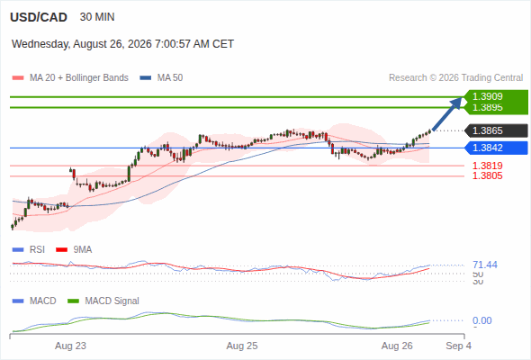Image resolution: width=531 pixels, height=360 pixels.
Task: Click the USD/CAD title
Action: [39, 17]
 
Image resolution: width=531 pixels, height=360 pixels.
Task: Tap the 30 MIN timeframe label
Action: [97, 17]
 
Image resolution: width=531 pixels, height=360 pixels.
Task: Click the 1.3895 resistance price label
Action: [487, 108]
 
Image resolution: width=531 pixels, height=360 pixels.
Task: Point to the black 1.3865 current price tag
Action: [496, 130]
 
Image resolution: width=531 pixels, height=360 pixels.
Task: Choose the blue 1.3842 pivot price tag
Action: [496, 148]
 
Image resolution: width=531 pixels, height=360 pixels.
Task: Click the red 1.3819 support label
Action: [487, 166]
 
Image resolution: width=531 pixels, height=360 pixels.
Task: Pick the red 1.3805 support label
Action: [487, 175]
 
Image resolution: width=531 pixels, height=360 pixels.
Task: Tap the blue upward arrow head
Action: [457, 103]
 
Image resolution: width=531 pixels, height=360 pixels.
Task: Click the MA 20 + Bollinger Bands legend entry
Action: [70, 78]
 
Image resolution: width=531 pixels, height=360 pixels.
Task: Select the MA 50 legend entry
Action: [161, 78]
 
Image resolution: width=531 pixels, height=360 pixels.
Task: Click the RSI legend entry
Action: [29, 249]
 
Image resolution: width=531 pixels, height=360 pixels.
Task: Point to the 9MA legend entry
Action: [74, 249]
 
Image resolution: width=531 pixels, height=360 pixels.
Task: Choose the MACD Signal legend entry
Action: [103, 301]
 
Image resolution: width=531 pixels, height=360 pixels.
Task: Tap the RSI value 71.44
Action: [485, 265]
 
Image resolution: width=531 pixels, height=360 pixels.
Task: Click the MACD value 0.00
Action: [482, 320]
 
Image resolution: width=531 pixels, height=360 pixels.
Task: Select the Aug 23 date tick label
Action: [70, 346]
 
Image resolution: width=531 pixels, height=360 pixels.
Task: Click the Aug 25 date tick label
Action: [242, 346]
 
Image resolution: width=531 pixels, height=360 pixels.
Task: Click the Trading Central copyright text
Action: [455, 78]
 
